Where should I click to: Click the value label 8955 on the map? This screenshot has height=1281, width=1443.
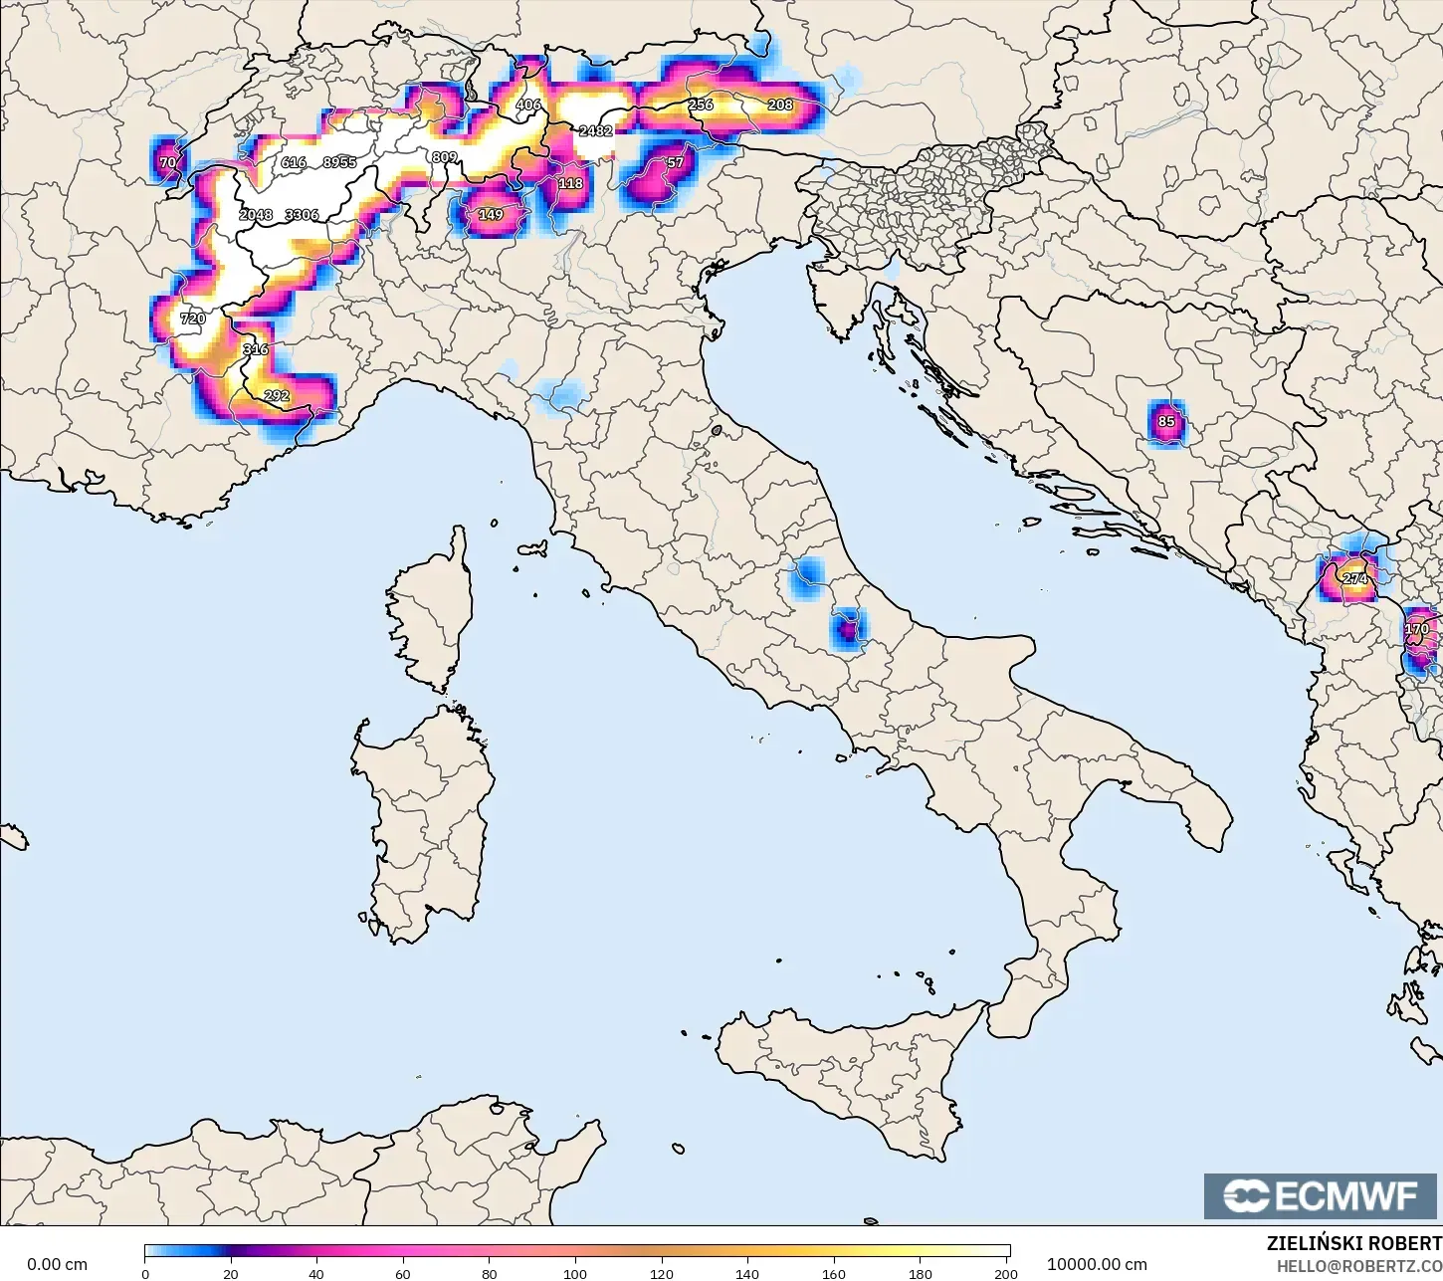tap(339, 162)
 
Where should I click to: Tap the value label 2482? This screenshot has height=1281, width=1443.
tap(595, 130)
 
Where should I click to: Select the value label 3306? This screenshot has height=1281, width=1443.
tap(302, 215)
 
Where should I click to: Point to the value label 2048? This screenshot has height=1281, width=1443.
tap(256, 215)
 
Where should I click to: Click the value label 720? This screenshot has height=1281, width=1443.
tap(192, 320)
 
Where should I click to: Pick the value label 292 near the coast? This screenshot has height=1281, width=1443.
tap(277, 396)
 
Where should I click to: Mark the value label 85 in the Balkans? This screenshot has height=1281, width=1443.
tap(1166, 421)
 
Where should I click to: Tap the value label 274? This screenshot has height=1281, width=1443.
tap(1354, 578)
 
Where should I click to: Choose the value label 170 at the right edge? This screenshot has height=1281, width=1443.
tap(1417, 629)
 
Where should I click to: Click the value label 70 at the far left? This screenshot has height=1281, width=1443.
tap(168, 162)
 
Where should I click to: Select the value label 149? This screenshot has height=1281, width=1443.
tap(491, 215)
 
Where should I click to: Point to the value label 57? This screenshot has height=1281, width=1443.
tap(676, 162)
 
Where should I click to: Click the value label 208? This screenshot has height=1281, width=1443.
tap(780, 105)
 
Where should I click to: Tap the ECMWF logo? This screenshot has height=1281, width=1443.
tap(1322, 1195)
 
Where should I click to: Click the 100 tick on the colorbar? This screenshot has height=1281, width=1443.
tap(575, 1273)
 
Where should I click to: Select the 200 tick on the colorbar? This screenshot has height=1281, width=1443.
tap(1006, 1273)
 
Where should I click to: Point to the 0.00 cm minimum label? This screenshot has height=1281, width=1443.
tap(57, 1265)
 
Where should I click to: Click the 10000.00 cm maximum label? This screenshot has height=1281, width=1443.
tap(1097, 1265)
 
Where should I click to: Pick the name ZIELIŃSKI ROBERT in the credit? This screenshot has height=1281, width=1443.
tap(1353, 1244)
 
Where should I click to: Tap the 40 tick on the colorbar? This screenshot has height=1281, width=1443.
tap(316, 1273)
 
